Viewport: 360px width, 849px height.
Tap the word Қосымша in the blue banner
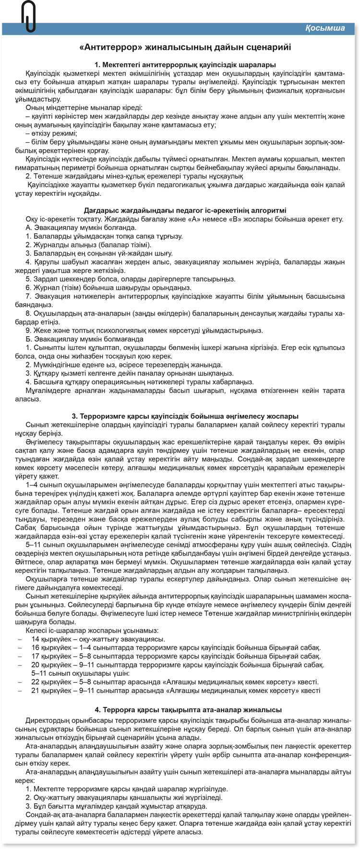coord(325,28)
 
